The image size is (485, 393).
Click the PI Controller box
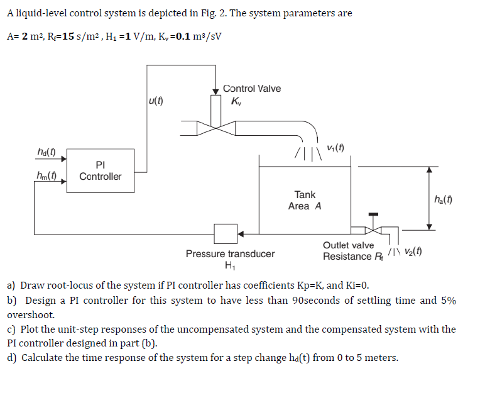pos(100,170)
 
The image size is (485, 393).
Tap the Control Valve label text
pos(252,89)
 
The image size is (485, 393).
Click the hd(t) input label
pos(46,152)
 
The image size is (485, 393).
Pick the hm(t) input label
pos(46,177)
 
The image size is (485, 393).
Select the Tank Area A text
pos(305,201)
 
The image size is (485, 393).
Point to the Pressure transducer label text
pos(230,254)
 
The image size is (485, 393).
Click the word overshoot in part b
pos(31,314)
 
